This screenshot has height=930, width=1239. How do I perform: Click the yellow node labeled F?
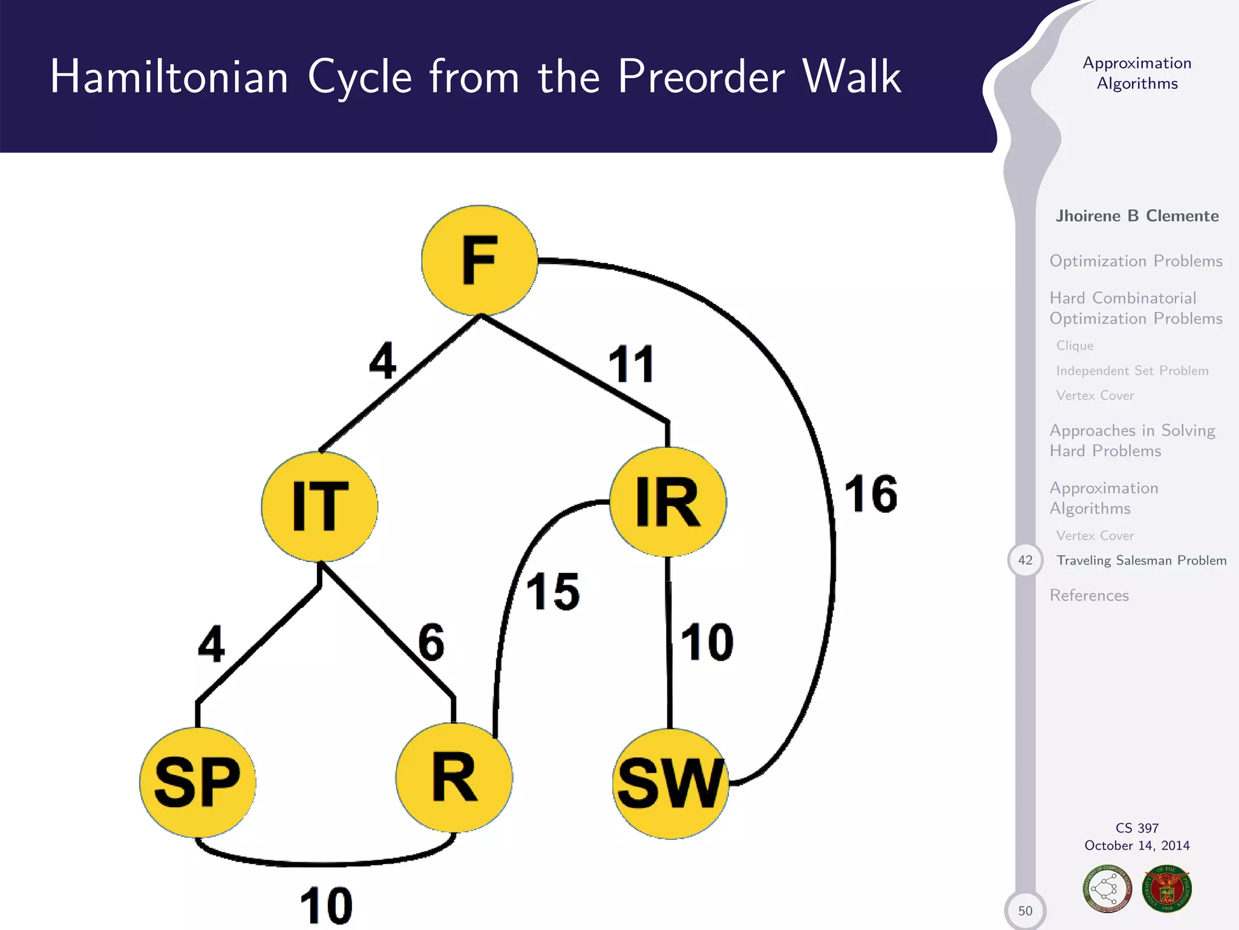pyautogui.click(x=479, y=260)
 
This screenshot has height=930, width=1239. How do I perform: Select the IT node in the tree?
pyautogui.click(x=319, y=506)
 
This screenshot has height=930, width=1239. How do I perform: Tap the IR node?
pyautogui.click(x=668, y=502)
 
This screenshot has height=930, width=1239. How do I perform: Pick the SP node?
pyautogui.click(x=198, y=782)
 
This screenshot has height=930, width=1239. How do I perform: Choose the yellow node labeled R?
pyautogui.click(x=454, y=777)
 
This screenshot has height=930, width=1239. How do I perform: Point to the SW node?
pyautogui.click(x=670, y=783)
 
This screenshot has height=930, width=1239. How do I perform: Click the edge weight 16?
pyautogui.click(x=871, y=494)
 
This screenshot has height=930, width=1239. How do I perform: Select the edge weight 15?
pyautogui.click(x=552, y=592)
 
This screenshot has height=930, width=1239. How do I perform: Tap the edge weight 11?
pyautogui.click(x=631, y=364)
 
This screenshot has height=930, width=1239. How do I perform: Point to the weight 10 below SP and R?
pyautogui.click(x=326, y=906)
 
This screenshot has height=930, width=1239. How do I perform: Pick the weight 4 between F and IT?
pyautogui.click(x=383, y=361)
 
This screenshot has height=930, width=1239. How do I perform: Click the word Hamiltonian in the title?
pyautogui.click(x=169, y=77)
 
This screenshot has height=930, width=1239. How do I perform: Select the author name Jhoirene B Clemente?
pyautogui.click(x=1137, y=216)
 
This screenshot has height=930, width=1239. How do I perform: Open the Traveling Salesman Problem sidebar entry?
pyautogui.click(x=1141, y=561)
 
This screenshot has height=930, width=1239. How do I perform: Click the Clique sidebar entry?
pyautogui.click(x=1074, y=346)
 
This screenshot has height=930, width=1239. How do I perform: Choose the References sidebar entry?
pyautogui.click(x=1089, y=596)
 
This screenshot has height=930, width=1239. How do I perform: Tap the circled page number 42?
pyautogui.click(x=1025, y=560)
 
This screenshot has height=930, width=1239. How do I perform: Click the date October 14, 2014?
pyautogui.click(x=1137, y=846)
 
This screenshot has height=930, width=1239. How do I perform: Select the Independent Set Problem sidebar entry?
pyautogui.click(x=1132, y=371)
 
